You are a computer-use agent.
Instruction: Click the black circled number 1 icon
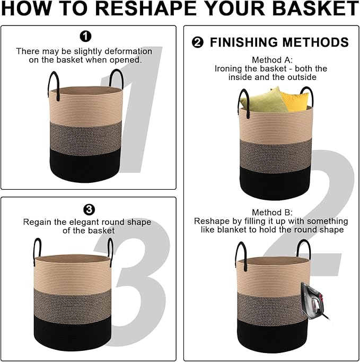[85, 36]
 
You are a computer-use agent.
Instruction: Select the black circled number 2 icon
[198, 43]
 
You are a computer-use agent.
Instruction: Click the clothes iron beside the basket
[313, 301]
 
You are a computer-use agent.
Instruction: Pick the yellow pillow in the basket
[294, 100]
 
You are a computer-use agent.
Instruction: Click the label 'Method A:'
[272, 60]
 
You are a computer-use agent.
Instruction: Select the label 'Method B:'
[272, 212]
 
